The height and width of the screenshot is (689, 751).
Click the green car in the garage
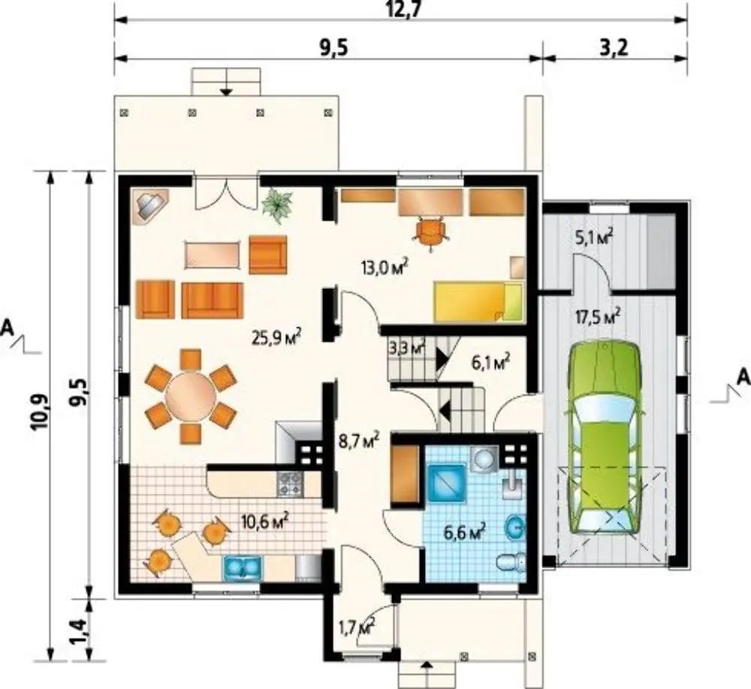pyautogui.click(x=605, y=438)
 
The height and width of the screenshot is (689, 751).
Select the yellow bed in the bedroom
pyautogui.click(x=478, y=302)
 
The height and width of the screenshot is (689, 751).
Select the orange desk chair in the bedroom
pyautogui.click(x=432, y=231)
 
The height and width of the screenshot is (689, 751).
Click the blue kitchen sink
pyautogui.click(x=241, y=567)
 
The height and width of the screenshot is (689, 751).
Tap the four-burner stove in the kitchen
pyautogui.click(x=291, y=483)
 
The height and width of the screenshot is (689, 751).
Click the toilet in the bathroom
pyautogui.click(x=511, y=561)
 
